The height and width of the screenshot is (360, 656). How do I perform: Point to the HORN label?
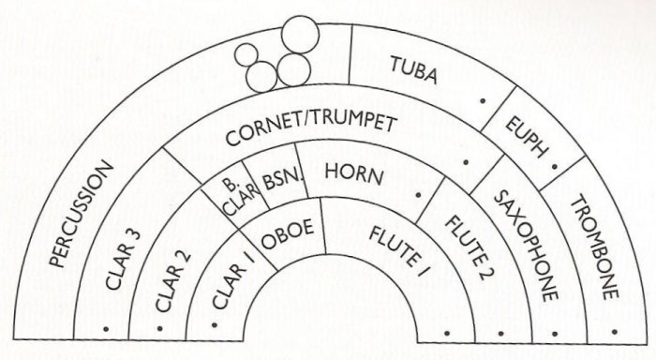348,171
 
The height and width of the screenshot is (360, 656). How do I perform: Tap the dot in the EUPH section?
555,165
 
